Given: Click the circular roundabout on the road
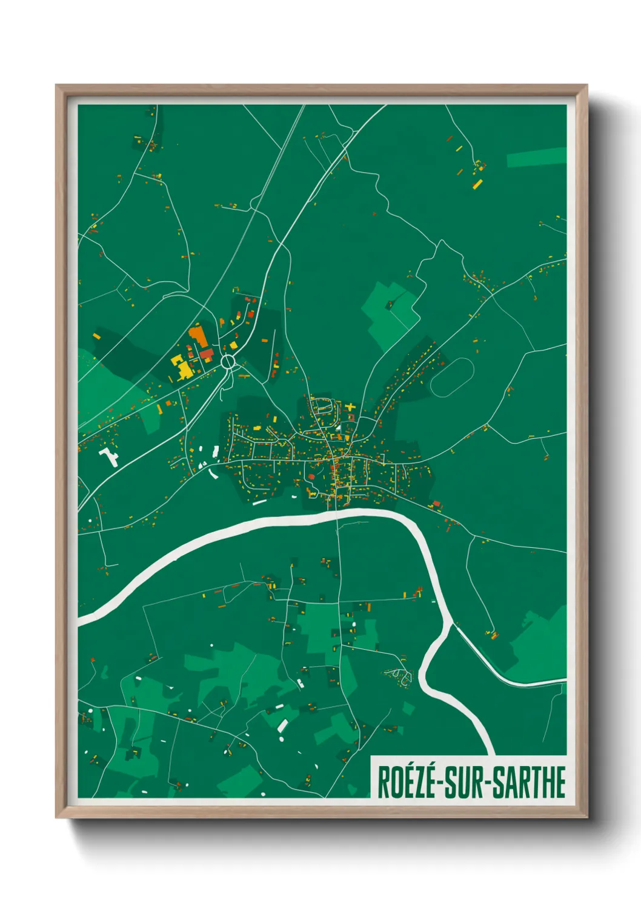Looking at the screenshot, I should (x=228, y=362).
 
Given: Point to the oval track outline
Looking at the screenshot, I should (x=451, y=377).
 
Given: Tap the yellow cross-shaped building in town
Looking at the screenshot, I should (x=350, y=407).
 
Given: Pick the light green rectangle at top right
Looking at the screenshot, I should (x=536, y=157).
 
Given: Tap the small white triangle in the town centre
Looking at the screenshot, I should (x=340, y=427).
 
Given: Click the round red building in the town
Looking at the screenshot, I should (x=311, y=476).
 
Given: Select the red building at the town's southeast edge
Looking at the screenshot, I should (x=436, y=504).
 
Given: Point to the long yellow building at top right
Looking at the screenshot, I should (x=477, y=184).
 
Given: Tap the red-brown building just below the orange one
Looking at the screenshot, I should (x=206, y=353).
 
